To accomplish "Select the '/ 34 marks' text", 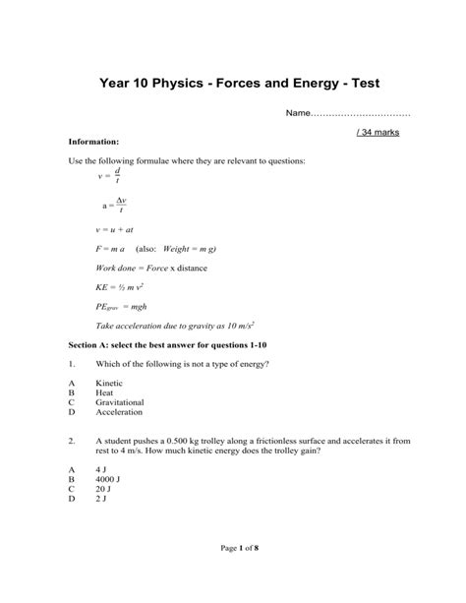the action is pyautogui.click(x=377, y=132).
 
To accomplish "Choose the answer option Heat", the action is pyautogui.click(x=105, y=392).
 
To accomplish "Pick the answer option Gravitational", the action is pyautogui.click(x=120, y=402).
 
